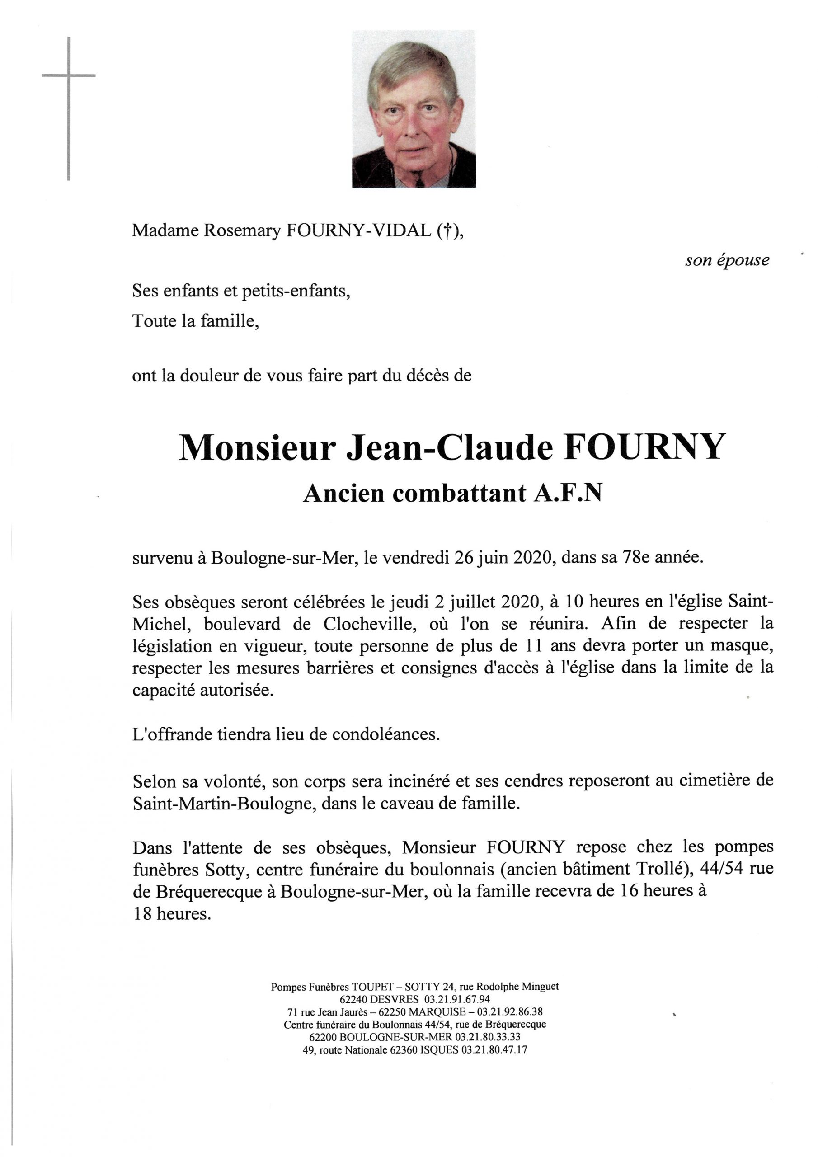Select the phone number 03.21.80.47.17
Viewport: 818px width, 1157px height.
tap(494, 1050)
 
